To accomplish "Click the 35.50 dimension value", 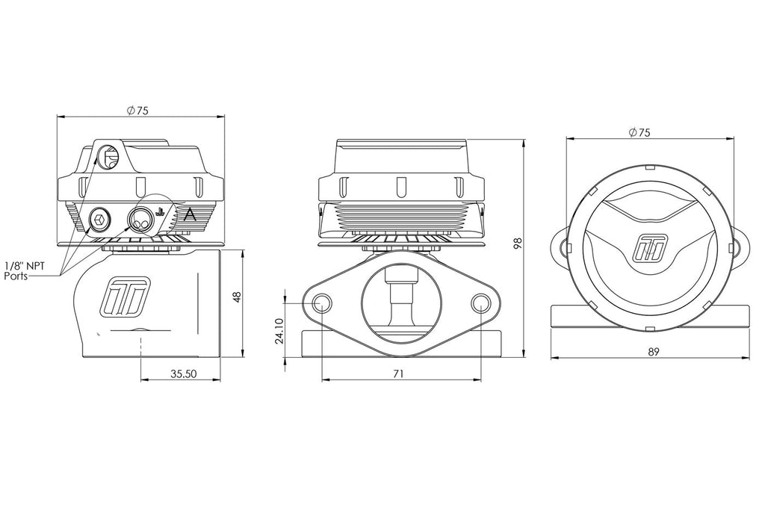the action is [184, 374].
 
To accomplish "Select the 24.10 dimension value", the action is [279, 332].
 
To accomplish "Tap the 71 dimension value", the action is [399, 374].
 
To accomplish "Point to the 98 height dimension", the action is [518, 243].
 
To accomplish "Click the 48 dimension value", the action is [237, 297].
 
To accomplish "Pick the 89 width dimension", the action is [654, 351].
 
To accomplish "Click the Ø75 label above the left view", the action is [137, 111].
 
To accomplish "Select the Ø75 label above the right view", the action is [639, 132].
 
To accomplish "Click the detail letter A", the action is [190, 214].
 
